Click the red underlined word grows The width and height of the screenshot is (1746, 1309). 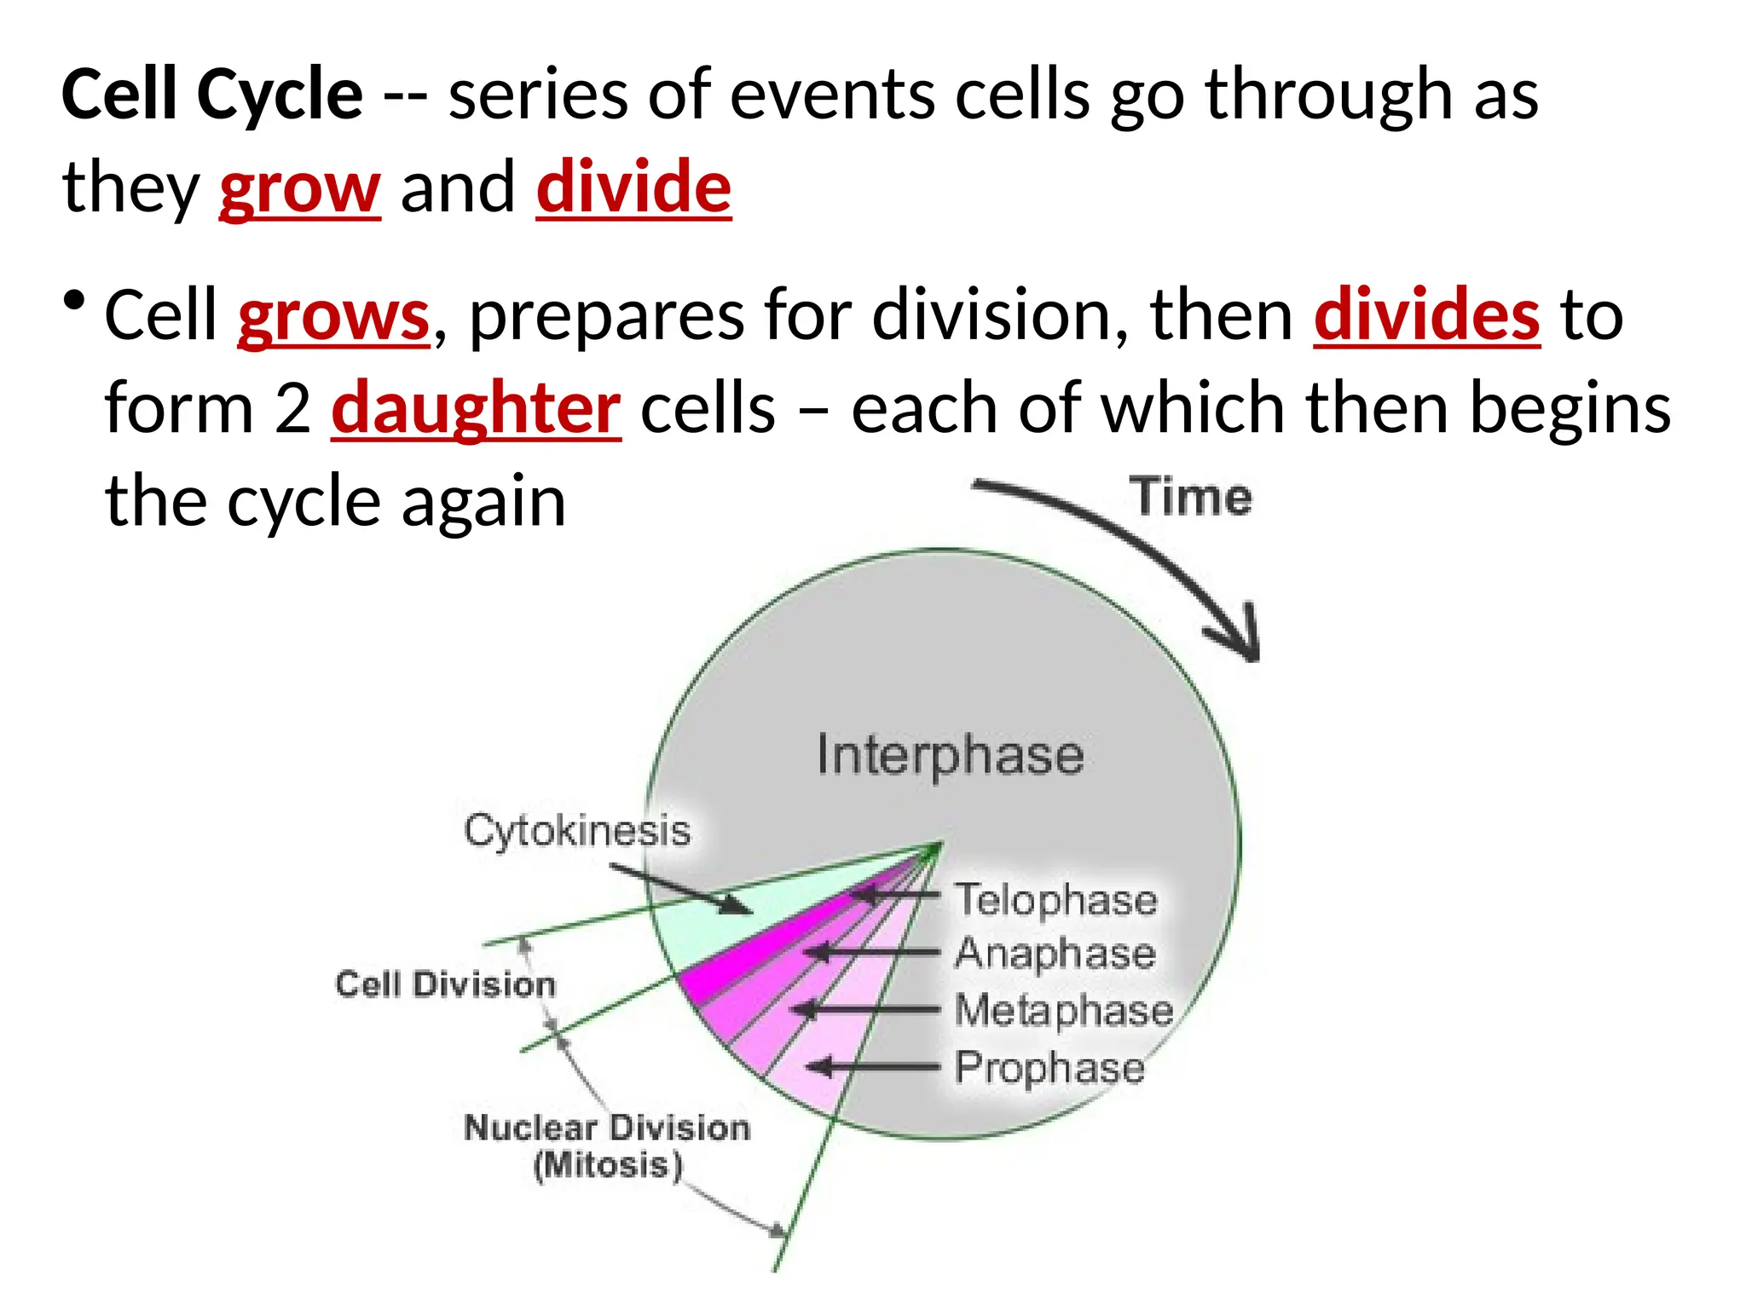pyautogui.click(x=333, y=315)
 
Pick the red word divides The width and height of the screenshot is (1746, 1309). pyautogui.click(x=1426, y=315)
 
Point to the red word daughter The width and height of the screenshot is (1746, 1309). pyautogui.click(x=476, y=408)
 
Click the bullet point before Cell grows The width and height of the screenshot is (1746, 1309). pyautogui.click(x=74, y=301)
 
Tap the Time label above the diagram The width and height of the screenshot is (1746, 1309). pyautogui.click(x=1191, y=497)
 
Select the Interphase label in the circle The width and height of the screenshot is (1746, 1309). pyautogui.click(x=950, y=755)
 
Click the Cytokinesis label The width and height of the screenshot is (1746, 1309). pyautogui.click(x=577, y=830)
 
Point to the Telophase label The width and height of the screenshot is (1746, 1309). pyautogui.click(x=1055, y=900)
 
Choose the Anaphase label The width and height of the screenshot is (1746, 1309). pyautogui.click(x=1055, y=953)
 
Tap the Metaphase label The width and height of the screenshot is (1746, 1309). pyautogui.click(x=1063, y=1010)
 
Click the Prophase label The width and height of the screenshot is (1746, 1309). pyautogui.click(x=1049, y=1068)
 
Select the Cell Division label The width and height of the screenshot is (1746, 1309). pyautogui.click(x=445, y=984)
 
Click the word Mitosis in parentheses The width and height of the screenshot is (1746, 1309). pyautogui.click(x=607, y=1165)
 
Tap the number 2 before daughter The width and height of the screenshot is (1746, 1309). pyautogui.click(x=292, y=408)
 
